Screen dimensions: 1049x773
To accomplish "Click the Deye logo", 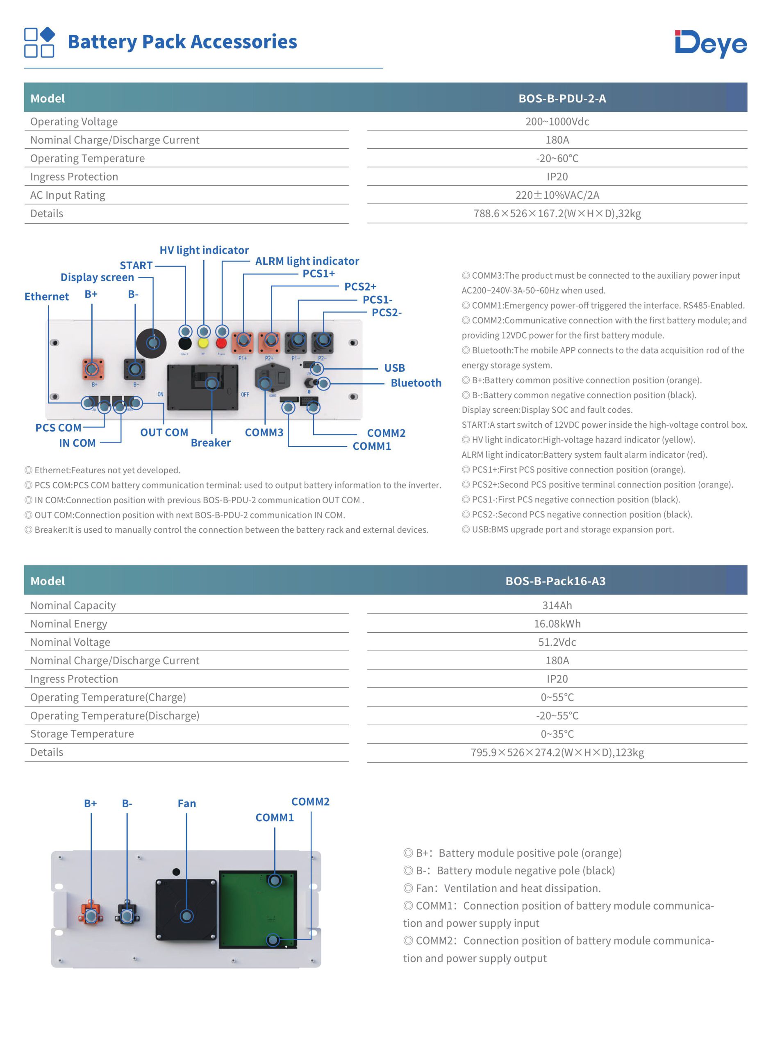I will (710, 43).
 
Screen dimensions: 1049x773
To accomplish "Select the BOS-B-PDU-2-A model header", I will (562, 98).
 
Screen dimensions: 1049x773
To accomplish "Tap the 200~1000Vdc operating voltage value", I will (557, 122).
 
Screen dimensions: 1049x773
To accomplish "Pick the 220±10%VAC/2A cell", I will (557, 195).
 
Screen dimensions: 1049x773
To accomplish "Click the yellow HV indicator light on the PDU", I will (203, 343).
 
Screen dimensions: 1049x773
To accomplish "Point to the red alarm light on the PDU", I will (221, 343).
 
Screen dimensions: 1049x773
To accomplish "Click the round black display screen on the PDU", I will (151, 343).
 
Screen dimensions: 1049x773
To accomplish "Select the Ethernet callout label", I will (46, 297).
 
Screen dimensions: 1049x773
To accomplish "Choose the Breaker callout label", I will (211, 443).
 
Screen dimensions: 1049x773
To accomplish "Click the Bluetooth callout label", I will (416, 383).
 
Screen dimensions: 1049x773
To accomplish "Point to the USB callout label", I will (394, 368).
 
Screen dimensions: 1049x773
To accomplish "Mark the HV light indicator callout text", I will (204, 250).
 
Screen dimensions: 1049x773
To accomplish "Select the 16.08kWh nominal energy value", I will (557, 623).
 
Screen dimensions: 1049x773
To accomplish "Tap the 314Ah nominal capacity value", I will (557, 605).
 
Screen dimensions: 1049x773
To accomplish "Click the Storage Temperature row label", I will (82, 734).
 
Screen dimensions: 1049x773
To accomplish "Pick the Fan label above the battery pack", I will (187, 804).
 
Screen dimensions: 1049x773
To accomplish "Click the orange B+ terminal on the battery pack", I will (91, 913).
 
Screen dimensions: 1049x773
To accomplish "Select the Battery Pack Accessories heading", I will (182, 42).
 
